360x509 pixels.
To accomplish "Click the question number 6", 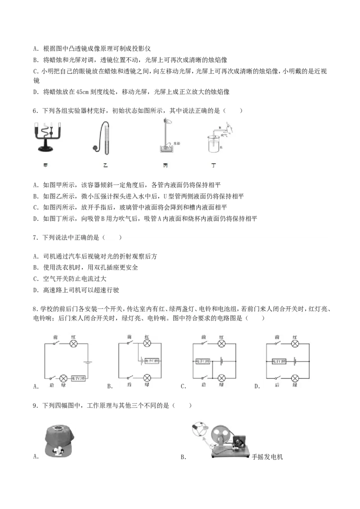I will point(34,111).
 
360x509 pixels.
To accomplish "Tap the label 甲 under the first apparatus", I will point(45,165).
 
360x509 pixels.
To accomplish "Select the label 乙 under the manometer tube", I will point(105,165).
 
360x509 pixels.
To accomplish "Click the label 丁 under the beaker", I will point(213,165).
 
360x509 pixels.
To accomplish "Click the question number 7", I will point(34,238).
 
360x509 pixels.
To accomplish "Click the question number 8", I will point(34,309).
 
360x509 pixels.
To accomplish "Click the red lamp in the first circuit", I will point(73,344).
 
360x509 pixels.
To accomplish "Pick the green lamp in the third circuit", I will point(221,377).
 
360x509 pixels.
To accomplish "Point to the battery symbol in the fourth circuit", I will point(295,361).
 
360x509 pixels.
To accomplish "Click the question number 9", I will point(34,406).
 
